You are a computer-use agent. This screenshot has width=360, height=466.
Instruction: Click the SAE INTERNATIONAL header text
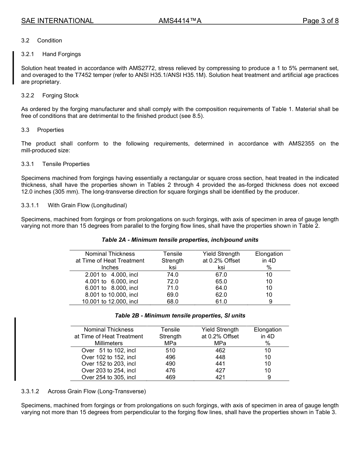(57, 21)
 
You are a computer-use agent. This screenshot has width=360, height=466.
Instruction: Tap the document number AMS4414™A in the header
(180, 21)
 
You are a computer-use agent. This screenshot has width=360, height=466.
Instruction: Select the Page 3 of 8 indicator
(320, 21)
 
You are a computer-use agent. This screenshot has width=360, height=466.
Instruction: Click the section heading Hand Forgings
(61, 54)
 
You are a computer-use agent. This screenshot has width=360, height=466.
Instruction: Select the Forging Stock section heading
(60, 95)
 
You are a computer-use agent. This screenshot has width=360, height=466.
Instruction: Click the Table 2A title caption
(180, 240)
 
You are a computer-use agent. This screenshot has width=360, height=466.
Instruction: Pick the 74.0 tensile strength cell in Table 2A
(172, 275)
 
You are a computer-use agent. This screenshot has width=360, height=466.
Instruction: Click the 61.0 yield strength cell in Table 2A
(221, 302)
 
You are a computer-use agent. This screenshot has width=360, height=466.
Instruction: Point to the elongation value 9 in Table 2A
(270, 302)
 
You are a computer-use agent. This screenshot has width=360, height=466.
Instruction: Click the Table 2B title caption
(180, 316)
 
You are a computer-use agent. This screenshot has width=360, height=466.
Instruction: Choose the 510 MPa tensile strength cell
(171, 350)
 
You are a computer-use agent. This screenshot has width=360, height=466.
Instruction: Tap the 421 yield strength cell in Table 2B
(220, 377)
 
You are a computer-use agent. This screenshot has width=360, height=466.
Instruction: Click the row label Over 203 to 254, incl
(109, 371)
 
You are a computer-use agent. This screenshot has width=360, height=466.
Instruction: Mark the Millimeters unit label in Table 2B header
(109, 343)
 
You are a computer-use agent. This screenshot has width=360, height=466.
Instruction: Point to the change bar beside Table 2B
(15, 349)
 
